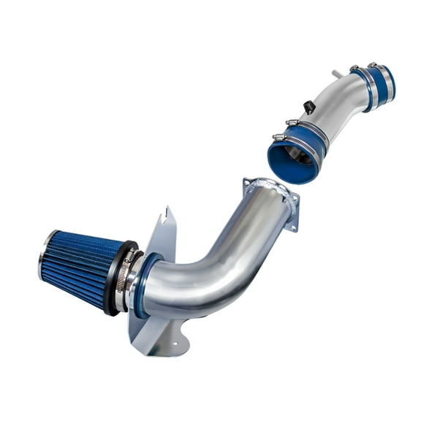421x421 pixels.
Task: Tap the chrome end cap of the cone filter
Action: point(44,255)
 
